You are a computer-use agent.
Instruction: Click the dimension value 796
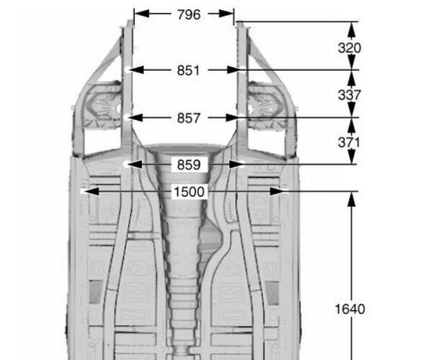189,14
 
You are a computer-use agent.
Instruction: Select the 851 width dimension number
188,71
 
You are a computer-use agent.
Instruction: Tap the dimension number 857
189,118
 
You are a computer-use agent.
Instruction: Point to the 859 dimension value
189,165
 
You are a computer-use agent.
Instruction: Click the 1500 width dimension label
189,192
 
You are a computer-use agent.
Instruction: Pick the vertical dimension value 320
349,48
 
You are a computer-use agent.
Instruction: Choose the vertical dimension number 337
349,95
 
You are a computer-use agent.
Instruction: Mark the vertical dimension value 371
349,143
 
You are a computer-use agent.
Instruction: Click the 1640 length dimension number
350,309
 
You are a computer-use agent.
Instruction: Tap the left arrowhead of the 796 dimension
142,14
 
